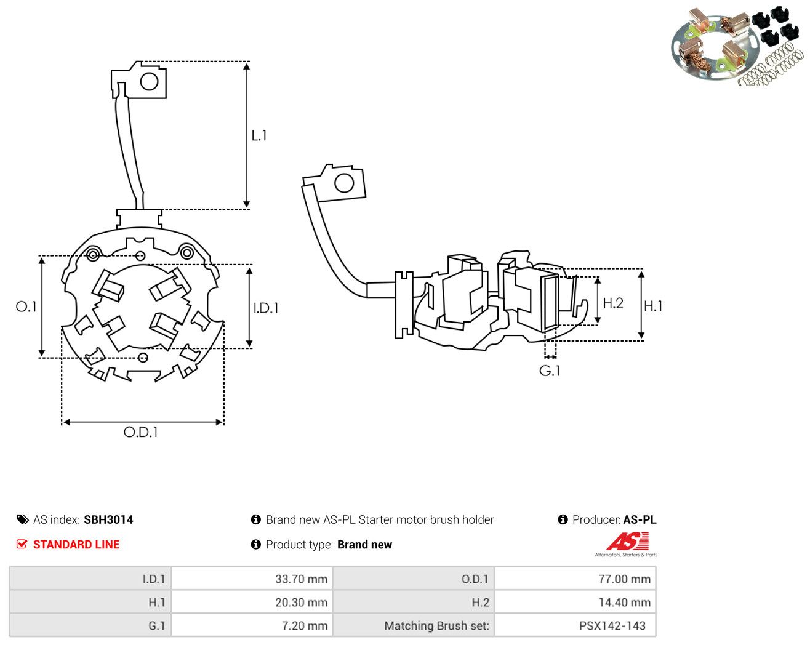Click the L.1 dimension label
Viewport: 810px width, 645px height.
[x=259, y=135]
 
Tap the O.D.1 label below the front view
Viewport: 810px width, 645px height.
[x=140, y=432]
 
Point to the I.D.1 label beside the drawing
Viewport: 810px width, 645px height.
[x=266, y=308]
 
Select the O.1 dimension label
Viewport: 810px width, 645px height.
[x=26, y=306]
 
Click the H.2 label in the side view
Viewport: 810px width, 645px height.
[x=613, y=303]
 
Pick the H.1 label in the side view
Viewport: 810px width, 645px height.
[x=653, y=306]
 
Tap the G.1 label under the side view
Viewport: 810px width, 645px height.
[x=550, y=371]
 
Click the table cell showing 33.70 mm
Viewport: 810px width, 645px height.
[x=251, y=579]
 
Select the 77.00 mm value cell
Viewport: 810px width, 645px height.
[x=575, y=579]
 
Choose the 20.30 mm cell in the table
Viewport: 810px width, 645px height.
[x=251, y=602]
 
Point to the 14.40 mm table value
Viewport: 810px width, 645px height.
[x=575, y=602]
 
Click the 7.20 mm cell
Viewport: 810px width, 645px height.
[x=251, y=625]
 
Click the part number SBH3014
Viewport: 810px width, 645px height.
[x=108, y=519]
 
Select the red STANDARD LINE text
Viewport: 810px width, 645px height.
[x=76, y=545]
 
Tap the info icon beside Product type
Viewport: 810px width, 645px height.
[x=255, y=545]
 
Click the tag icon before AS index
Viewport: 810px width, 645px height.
[x=23, y=519]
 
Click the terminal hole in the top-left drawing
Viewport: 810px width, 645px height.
[x=149, y=81]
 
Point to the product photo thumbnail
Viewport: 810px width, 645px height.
[x=737, y=46]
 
